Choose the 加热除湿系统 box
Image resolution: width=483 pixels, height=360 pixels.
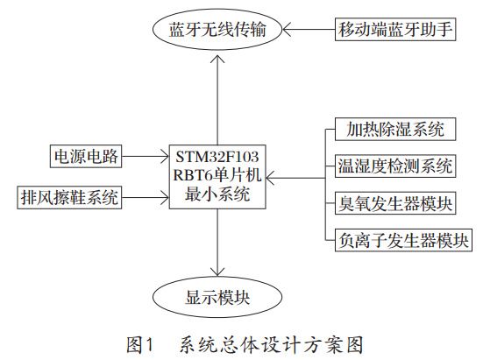pyautogui.click(x=391, y=131)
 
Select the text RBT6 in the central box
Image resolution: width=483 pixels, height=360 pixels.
pyautogui.click(x=196, y=176)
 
